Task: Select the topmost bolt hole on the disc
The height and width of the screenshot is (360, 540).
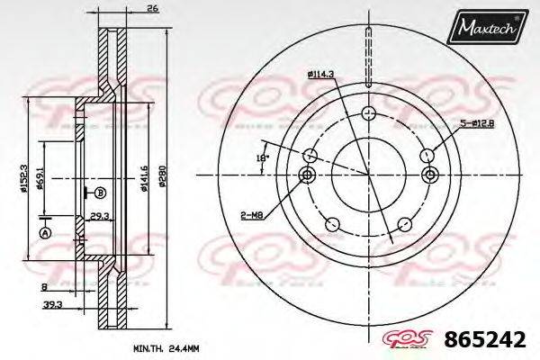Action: (x=367, y=113)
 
